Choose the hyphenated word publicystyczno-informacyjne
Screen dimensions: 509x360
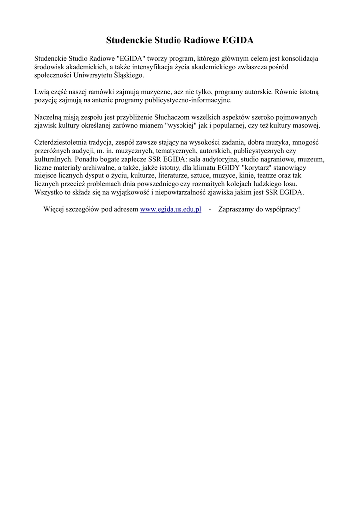(x=187, y=100)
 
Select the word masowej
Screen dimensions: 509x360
(x=308, y=125)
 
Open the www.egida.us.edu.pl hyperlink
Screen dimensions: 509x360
(x=171, y=209)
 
